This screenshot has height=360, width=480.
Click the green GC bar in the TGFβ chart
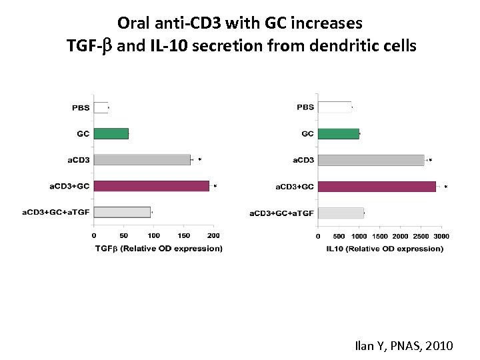click(111, 134)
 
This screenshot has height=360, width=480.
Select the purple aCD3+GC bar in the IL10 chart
click(377, 187)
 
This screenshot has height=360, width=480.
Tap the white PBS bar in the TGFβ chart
click(101, 107)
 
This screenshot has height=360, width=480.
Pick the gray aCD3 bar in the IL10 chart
click(371, 160)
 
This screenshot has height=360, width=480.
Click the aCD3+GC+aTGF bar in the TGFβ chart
click(122, 213)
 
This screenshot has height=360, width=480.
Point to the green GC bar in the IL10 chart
click(339, 134)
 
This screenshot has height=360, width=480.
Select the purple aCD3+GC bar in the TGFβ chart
click(151, 187)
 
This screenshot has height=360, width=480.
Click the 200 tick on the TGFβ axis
click(213, 235)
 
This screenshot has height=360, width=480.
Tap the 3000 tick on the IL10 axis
click(441, 236)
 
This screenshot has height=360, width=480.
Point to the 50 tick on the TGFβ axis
click(124, 235)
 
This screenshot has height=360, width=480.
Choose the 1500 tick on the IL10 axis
click(379, 236)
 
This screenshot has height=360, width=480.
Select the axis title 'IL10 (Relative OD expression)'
click(385, 249)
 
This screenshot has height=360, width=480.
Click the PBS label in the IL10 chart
click(305, 107)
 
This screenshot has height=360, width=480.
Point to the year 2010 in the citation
click(437, 345)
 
